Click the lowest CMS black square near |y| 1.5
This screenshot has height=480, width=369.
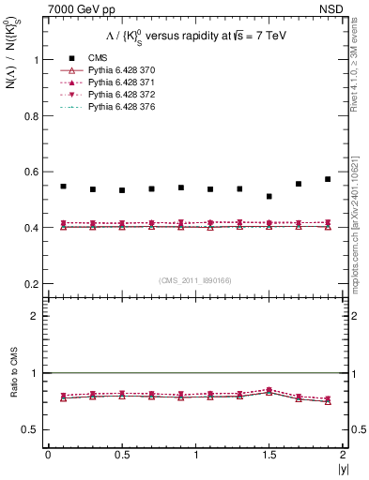[269, 197]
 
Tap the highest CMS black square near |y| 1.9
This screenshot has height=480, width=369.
[328, 179]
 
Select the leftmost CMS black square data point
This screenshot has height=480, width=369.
[63, 187]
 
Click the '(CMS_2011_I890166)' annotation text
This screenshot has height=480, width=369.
[195, 280]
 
